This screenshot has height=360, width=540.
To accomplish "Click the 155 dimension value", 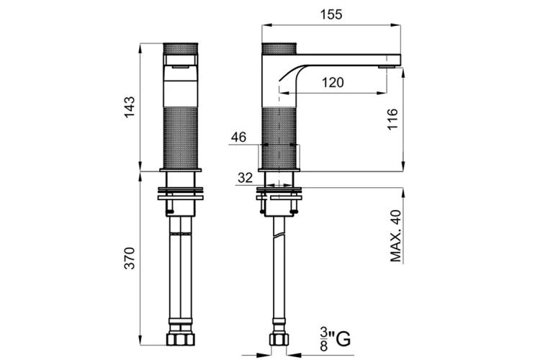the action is pos(331,14).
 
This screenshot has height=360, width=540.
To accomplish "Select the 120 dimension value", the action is pos(333,83).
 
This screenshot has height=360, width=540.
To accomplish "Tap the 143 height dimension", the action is pos(130,107).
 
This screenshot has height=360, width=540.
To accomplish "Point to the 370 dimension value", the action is pos(130,258).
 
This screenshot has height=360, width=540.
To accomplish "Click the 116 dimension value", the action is pos(392,120).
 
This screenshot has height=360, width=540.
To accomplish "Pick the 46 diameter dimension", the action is pos(238,137).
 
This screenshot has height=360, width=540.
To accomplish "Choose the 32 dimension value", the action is pos(246,178).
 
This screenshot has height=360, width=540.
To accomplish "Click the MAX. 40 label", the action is pos(396,236).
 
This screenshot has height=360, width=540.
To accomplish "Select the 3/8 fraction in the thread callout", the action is pos(324,339).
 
